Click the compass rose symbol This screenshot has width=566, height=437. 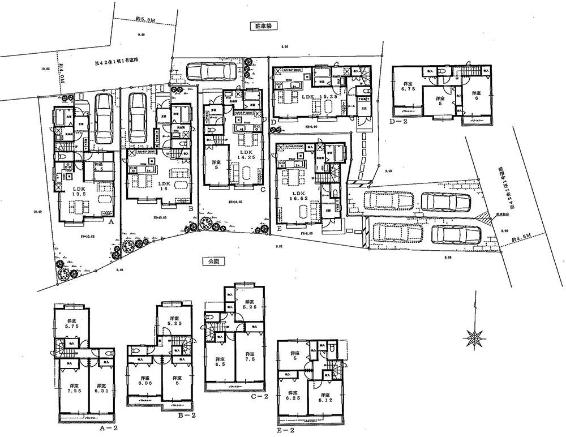(473, 337)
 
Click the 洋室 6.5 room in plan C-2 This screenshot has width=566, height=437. (218, 362)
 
